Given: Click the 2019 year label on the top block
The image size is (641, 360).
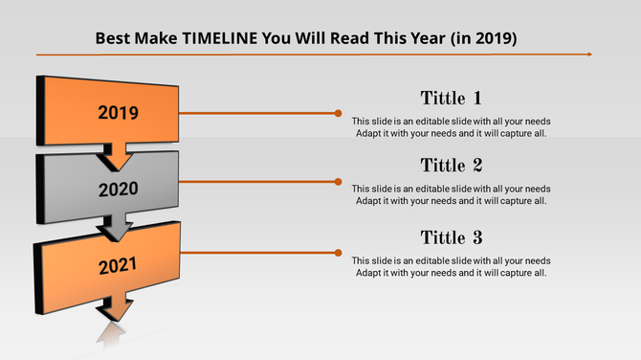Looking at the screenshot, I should click(x=118, y=113).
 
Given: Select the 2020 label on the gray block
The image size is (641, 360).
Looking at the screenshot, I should click(x=118, y=189).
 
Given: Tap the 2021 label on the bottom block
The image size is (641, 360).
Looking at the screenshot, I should click(x=118, y=264).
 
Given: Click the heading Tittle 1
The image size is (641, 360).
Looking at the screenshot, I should click(x=451, y=98).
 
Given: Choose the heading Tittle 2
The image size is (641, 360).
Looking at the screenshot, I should click(x=451, y=166).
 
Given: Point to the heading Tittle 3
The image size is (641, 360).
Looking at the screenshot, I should click(x=451, y=237).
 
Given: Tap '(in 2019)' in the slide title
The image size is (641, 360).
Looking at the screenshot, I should click(x=480, y=39).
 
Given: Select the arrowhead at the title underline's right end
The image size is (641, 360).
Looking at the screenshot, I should click(x=588, y=55).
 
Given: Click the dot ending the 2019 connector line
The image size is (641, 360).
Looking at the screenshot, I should click(x=338, y=113).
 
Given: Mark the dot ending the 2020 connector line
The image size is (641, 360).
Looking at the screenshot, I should click(x=338, y=181).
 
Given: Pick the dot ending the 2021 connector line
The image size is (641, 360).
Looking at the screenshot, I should click(x=338, y=253).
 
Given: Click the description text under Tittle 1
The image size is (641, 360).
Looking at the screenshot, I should click(x=451, y=127).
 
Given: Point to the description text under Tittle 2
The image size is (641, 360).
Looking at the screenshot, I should click(x=451, y=195).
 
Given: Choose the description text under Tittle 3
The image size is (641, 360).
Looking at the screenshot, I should click(x=451, y=267).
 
